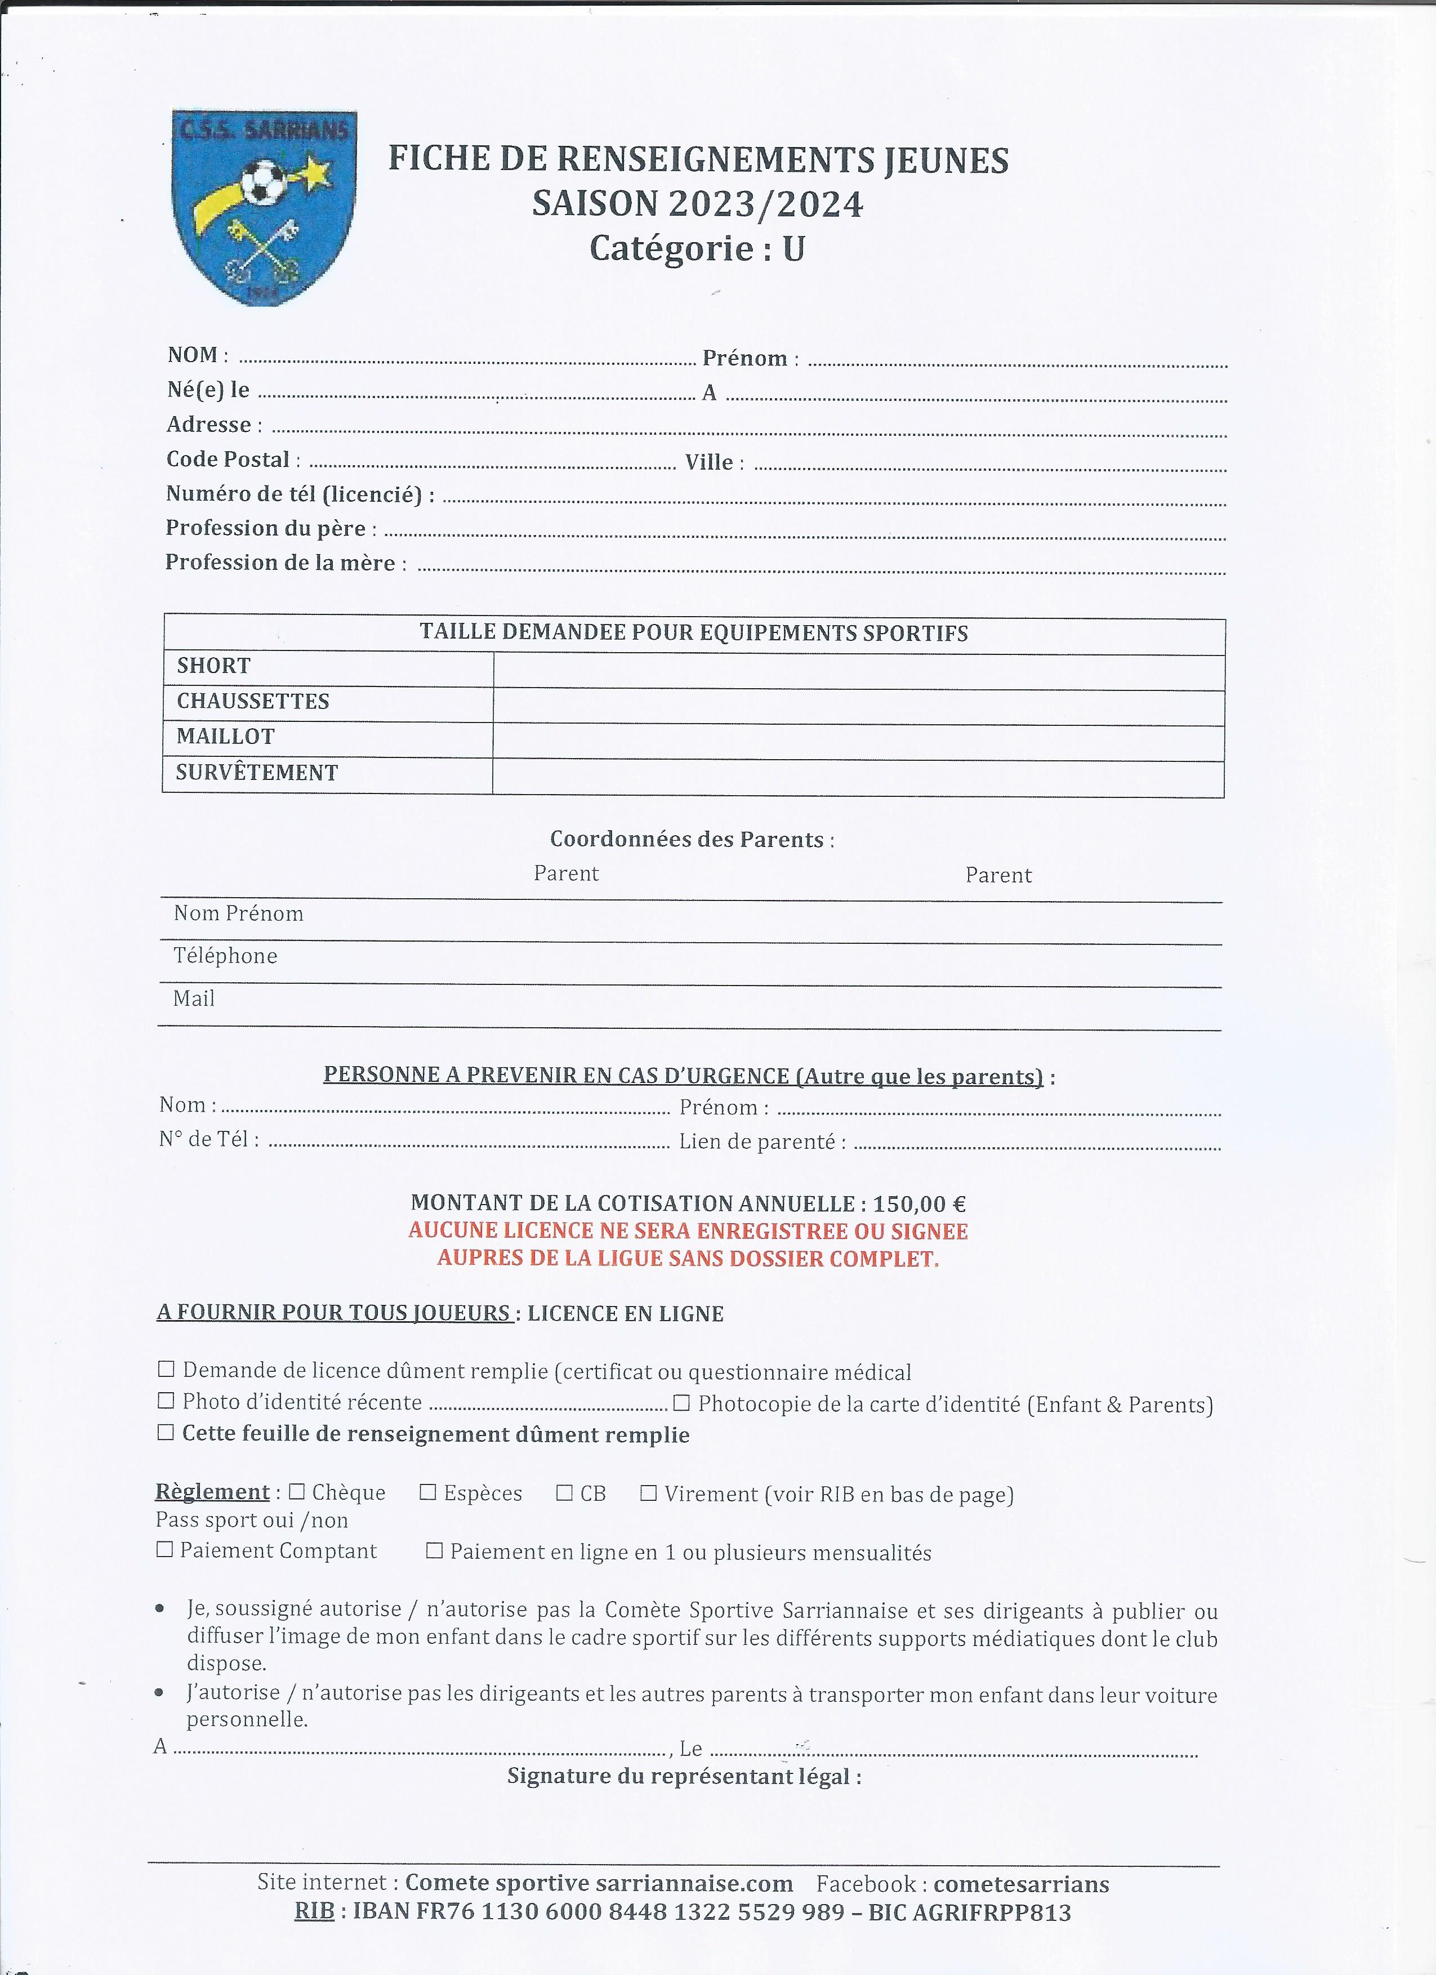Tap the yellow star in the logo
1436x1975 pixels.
coord(315,172)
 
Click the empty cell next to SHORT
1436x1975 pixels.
coord(858,671)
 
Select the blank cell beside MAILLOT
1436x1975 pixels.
coord(858,742)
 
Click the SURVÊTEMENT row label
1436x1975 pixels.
coord(257,773)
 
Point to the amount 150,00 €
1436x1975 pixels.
coord(918,1205)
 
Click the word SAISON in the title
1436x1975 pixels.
coord(595,204)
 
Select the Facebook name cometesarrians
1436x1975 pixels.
coord(1020,1884)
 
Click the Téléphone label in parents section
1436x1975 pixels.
coord(226,956)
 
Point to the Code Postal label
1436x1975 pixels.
coord(228,459)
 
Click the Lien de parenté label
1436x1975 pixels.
coord(757,1142)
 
